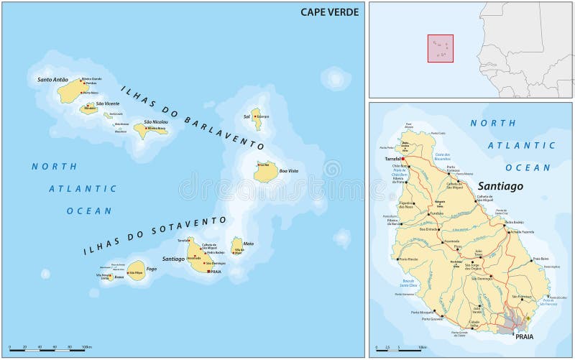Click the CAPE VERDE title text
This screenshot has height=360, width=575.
click(x=331, y=11)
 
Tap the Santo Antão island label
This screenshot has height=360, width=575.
click(x=53, y=79)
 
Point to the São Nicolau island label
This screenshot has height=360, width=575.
click(x=155, y=121)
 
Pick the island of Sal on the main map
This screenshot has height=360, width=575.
click(x=256, y=119)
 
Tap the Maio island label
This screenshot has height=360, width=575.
click(x=247, y=242)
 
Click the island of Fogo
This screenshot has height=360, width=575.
click(x=135, y=270)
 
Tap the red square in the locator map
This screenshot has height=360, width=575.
click(x=441, y=48)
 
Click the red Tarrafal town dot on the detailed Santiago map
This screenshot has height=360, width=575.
click(x=403, y=159)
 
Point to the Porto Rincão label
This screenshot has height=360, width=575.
click(x=408, y=259)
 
